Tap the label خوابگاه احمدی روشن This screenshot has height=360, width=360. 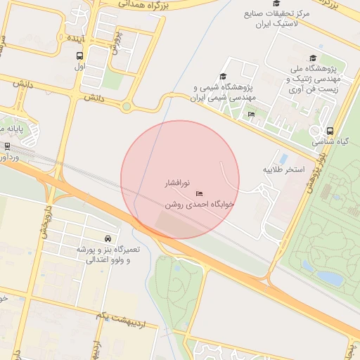[x=198, y=205]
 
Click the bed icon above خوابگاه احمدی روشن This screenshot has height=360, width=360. [x=199, y=193]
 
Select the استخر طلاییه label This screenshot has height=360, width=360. [x=284, y=170]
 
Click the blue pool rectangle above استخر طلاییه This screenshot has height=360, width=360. [x=284, y=159]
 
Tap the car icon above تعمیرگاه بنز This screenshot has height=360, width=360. [x=106, y=238]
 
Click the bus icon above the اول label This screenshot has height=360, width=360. [x=79, y=55]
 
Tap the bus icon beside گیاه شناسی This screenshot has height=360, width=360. [x=330, y=131]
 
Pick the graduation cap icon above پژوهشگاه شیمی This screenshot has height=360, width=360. [x=224, y=77]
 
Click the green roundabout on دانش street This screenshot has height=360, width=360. [x=127, y=107]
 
